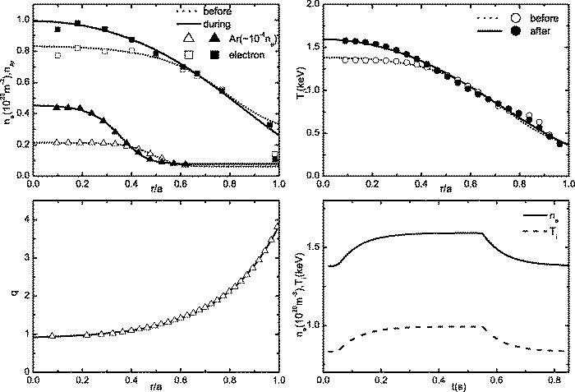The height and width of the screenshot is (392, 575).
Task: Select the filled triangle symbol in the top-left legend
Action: click(x=212, y=39)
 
